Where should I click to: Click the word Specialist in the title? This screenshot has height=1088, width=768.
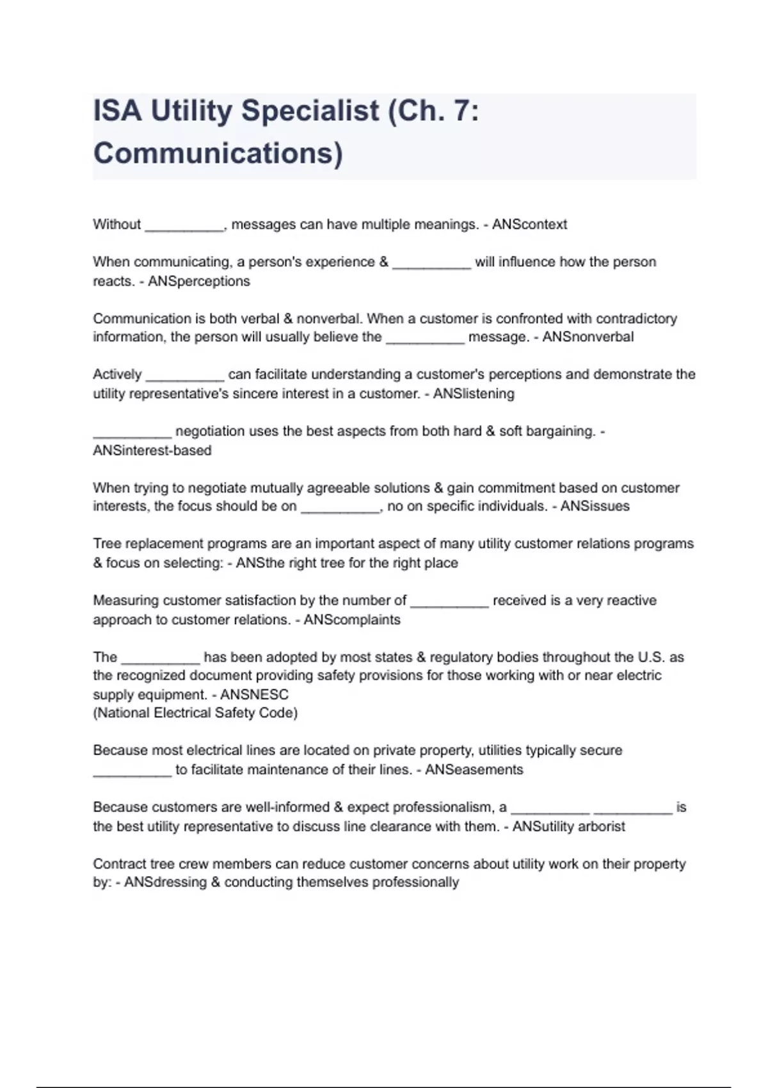(x=310, y=111)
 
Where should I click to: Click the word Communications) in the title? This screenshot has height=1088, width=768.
(x=218, y=154)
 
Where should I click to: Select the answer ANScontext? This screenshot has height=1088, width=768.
(x=529, y=225)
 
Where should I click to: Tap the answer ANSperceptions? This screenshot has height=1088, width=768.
(x=199, y=282)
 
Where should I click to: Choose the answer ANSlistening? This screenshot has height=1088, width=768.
(x=474, y=394)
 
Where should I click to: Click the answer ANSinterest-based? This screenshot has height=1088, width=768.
(x=152, y=451)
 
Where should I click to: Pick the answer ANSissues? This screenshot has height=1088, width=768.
(x=595, y=506)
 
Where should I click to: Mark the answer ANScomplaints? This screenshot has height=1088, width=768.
(x=352, y=620)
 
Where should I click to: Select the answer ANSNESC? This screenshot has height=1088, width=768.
(x=254, y=694)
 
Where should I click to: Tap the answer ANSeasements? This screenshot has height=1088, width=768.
(x=474, y=770)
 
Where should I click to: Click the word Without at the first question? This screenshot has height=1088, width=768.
(x=116, y=225)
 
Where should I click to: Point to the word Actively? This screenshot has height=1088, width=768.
(x=117, y=374)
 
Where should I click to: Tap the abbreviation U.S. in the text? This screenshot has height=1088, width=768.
(x=652, y=657)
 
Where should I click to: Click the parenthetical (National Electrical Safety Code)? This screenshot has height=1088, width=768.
(x=195, y=713)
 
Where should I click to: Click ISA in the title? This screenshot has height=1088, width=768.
(x=117, y=111)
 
